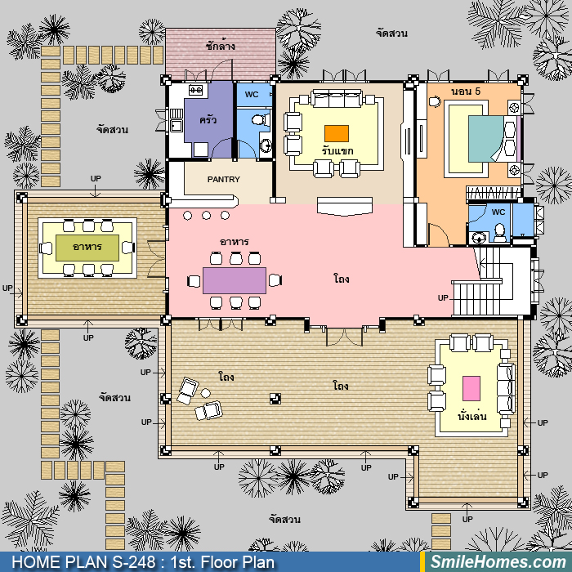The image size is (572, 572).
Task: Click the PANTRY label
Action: click(x=224, y=180)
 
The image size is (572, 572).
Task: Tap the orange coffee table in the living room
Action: click(x=337, y=133)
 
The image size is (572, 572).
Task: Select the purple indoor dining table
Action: click(x=235, y=280)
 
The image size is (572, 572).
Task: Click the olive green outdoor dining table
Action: click(x=87, y=248)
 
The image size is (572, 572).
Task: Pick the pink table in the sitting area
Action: click(x=471, y=388)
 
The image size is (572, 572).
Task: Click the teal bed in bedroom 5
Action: click(x=486, y=139)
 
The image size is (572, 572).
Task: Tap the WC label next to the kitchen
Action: click(x=252, y=95)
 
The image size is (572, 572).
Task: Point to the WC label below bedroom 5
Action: click(x=498, y=212)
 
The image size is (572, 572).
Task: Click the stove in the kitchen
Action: click(x=195, y=90)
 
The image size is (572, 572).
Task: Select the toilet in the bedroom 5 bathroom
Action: click(x=499, y=232)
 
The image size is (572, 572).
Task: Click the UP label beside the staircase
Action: click(x=443, y=298)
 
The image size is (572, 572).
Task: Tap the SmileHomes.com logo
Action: click(x=498, y=561)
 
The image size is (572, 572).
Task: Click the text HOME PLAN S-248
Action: click(x=85, y=562)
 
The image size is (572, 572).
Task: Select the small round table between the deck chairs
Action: click(x=206, y=393)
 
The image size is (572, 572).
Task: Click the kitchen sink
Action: click(x=177, y=126)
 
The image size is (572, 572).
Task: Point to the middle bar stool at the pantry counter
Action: click(x=206, y=215)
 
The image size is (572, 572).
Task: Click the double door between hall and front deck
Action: click(x=344, y=337)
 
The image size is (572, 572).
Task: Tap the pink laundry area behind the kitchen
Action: click(x=220, y=54)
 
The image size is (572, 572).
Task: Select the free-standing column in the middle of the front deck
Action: click(x=275, y=399)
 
